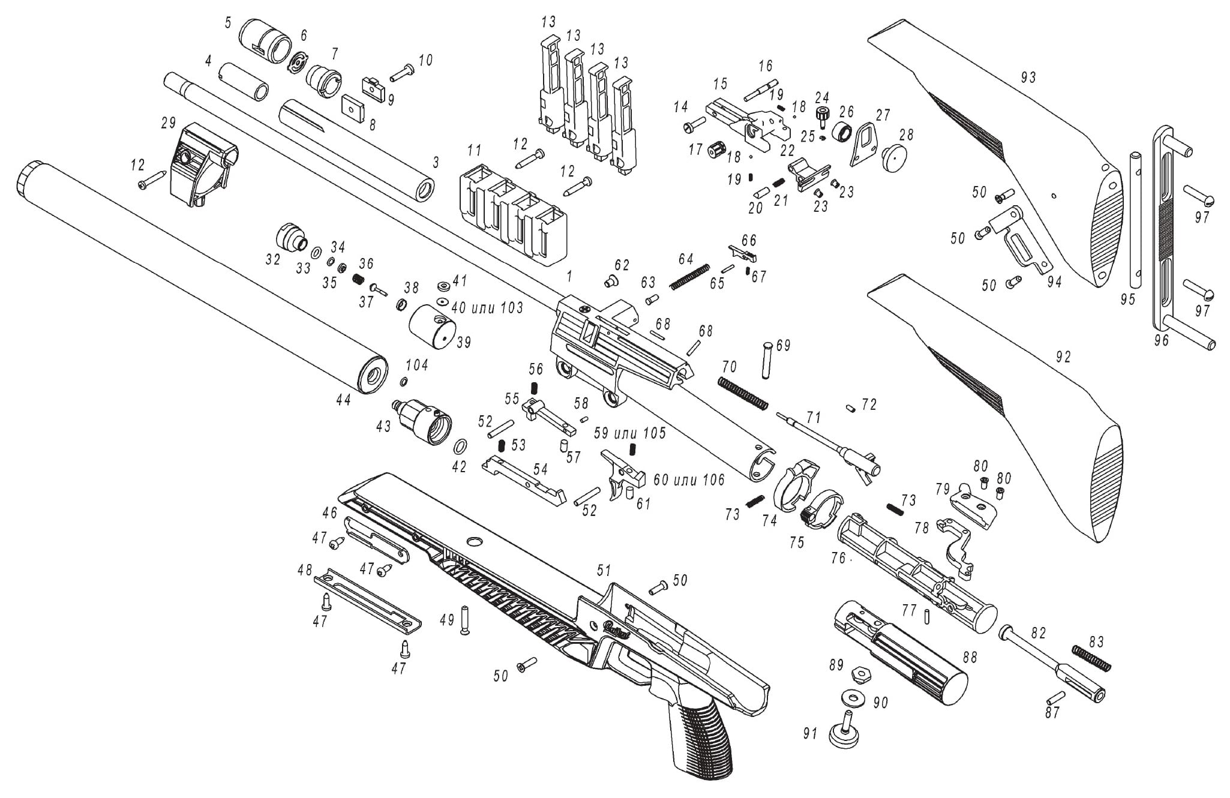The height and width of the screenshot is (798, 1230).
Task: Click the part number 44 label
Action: tap(343, 400)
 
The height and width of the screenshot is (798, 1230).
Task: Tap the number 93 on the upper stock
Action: tap(1028, 77)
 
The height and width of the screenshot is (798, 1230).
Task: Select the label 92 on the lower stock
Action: tap(1063, 358)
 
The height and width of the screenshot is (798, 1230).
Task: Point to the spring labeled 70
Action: tap(743, 394)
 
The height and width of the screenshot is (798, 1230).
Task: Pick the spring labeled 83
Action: tap(1092, 658)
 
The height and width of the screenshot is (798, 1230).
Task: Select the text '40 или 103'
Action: tap(487, 308)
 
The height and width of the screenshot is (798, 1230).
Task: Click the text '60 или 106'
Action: tap(689, 479)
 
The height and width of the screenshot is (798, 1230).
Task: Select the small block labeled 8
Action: tap(353, 109)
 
